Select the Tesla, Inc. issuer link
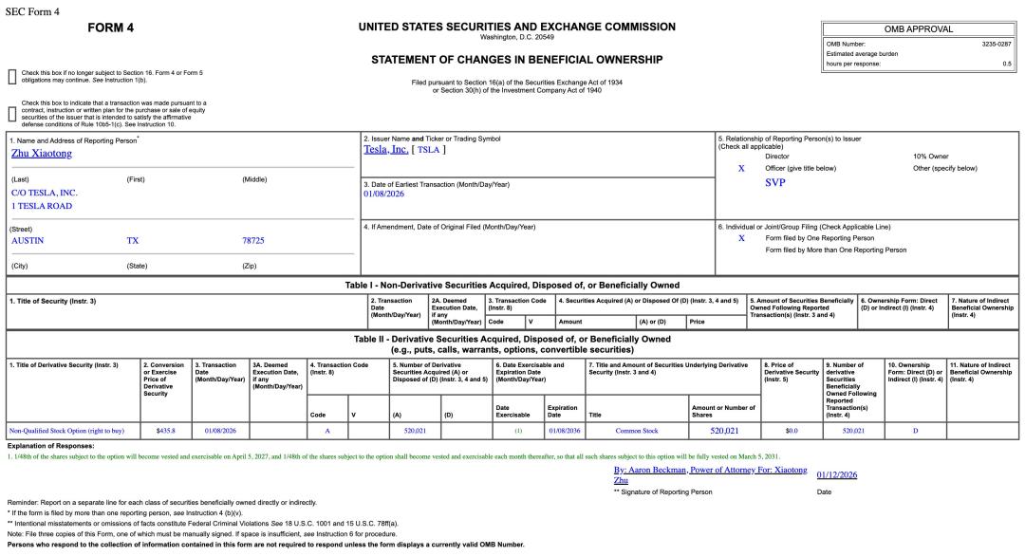pyautogui.click(x=385, y=149)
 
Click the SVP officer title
pyautogui.click(x=774, y=182)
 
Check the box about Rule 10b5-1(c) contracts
pyautogui.click(x=11, y=114)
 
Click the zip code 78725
pyautogui.click(x=253, y=240)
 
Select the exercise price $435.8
pyautogui.click(x=165, y=430)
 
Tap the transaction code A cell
pyautogui.click(x=326, y=430)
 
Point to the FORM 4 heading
pyautogui.click(x=110, y=28)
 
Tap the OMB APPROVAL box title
pyautogui.click(x=918, y=29)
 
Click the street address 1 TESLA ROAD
pyautogui.click(x=42, y=205)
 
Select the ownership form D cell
pyautogui.click(x=915, y=430)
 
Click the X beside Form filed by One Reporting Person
pyautogui.click(x=741, y=238)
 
